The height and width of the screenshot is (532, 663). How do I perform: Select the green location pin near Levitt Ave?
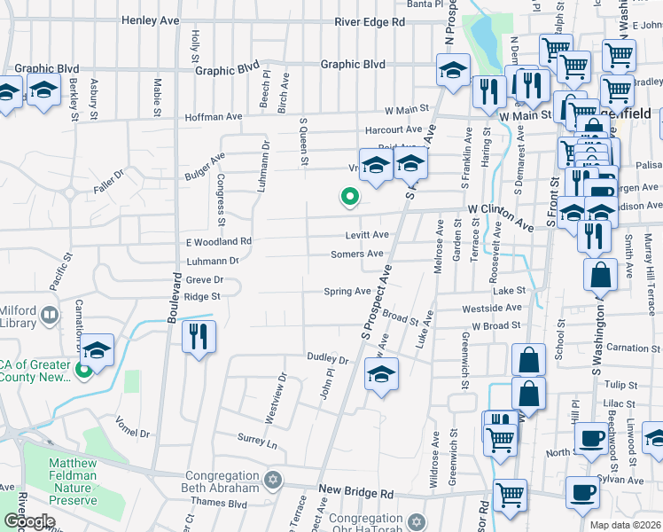tap(350, 198)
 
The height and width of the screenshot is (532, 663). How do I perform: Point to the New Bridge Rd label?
tap(355, 491)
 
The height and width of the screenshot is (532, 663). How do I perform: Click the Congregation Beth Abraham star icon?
tap(273, 480)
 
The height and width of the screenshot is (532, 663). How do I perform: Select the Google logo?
tap(29, 521)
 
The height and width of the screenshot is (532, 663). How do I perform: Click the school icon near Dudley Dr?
tap(381, 376)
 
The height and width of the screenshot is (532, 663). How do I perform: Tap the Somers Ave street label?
tap(356, 254)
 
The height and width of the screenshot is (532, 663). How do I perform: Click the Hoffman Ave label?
tap(213, 117)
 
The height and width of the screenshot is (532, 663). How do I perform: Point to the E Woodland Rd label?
tap(219, 241)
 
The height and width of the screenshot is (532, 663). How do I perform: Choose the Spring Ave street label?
tap(347, 291)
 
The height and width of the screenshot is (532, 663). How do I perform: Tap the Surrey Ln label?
tap(257, 440)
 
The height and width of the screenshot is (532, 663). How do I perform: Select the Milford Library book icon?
tap(50, 314)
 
